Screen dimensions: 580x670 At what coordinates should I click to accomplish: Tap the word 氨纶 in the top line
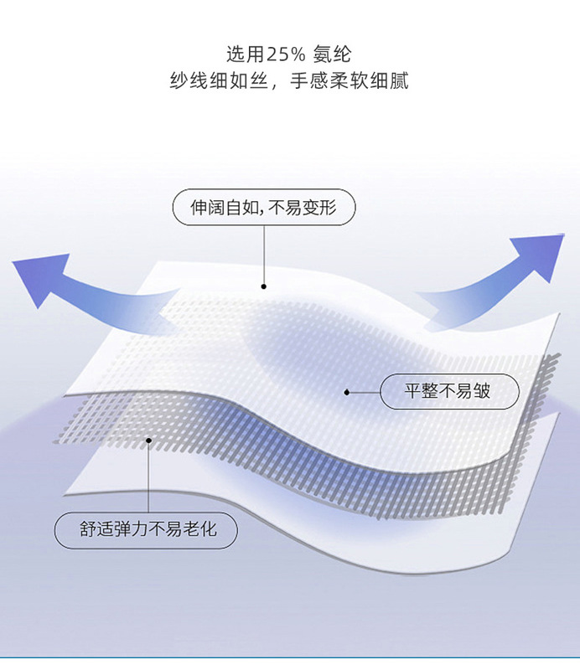334,55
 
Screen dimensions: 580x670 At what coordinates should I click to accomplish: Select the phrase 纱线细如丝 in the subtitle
217,82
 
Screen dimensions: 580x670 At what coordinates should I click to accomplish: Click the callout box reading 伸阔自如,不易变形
264,208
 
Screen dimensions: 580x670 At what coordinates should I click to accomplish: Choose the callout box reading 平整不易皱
449,391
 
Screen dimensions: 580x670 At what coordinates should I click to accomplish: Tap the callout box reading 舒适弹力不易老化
147,529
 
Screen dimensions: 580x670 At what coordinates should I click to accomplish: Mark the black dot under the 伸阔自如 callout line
264,286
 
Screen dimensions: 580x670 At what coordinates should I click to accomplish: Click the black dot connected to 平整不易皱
347,391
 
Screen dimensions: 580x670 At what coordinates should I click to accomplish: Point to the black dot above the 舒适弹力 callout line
148,440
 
